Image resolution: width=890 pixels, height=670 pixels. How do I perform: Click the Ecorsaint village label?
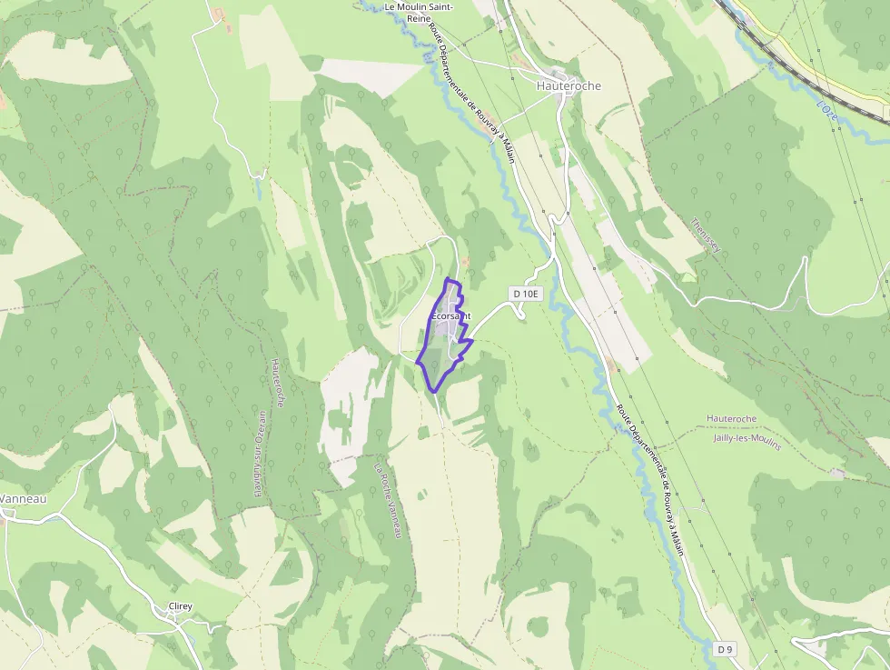click(450, 315)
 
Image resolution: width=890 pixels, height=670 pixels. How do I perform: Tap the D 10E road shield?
click(526, 294)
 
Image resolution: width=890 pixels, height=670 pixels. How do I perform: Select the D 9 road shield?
click(724, 649)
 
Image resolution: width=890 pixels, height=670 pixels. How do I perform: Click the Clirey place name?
click(181, 606)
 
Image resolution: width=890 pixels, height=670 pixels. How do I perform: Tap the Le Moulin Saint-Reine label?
click(420, 12)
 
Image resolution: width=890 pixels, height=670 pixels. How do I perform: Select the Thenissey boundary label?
click(704, 237)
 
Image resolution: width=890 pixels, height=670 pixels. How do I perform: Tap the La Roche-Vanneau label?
click(388, 501)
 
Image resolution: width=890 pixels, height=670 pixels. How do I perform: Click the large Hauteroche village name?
click(569, 86)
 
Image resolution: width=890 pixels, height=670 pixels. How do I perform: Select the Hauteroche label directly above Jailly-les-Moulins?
click(731, 418)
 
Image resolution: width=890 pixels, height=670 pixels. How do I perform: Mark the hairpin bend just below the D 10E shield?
click(520, 314)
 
